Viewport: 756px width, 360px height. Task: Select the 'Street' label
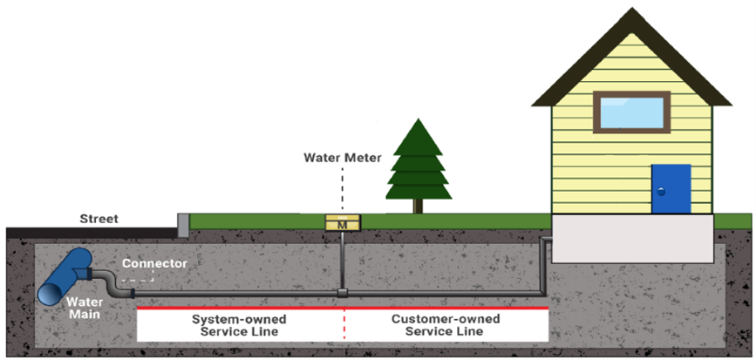tap(99, 218)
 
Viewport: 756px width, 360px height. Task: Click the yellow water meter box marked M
tap(342, 223)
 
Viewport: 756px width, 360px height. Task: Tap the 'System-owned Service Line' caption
tap(239, 326)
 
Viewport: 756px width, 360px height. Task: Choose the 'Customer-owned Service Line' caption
tap(446, 326)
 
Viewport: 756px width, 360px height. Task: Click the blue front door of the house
tap(671, 188)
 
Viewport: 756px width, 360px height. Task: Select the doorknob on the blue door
tap(661, 191)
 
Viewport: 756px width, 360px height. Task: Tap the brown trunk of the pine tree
tap(419, 206)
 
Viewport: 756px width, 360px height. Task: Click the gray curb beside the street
tap(183, 225)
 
